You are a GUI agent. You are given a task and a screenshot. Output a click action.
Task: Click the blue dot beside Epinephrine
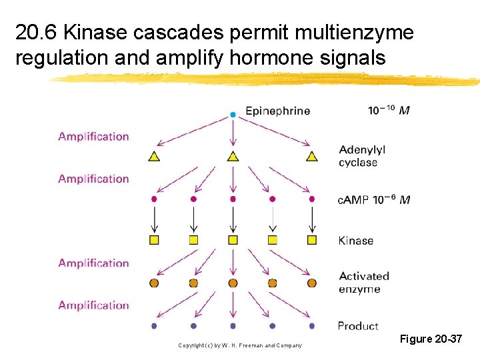[233, 115]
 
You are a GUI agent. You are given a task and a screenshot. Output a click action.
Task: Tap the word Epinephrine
[277, 111]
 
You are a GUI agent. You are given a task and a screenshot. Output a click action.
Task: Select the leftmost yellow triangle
[154, 157]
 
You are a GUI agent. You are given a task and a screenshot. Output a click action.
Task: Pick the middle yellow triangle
[233, 157]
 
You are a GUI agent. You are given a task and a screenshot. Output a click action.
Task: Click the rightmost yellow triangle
[311, 157]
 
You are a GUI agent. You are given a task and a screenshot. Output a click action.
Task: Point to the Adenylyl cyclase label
[361, 156]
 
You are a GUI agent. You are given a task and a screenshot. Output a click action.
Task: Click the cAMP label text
[353, 200]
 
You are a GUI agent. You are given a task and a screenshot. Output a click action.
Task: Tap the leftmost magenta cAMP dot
[154, 199]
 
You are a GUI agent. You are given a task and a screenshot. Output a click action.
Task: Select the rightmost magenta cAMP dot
[311, 199]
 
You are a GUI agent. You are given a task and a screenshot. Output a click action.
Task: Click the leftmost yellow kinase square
[154, 240]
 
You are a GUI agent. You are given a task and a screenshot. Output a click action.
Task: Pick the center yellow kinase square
[233, 240]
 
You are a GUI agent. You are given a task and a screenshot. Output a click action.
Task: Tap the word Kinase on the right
[356, 241]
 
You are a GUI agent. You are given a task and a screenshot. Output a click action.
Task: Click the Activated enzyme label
[363, 283]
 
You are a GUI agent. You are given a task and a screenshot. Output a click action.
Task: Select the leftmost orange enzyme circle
[154, 283]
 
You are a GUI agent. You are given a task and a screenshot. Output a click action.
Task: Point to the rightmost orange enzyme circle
[311, 283]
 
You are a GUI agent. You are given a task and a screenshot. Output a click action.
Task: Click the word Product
[358, 326]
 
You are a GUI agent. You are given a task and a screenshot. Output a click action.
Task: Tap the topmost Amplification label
[93, 137]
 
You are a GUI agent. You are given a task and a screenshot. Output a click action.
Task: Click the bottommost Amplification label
[93, 305]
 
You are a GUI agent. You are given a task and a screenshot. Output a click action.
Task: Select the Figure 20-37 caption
[431, 339]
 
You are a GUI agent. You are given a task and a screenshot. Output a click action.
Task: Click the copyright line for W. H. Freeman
[240, 345]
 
